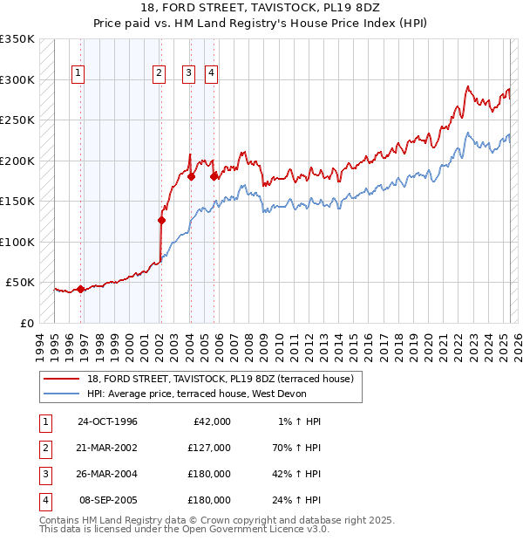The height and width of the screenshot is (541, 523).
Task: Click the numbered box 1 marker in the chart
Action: tap(78, 74)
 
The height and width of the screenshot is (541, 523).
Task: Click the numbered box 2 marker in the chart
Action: tap(159, 74)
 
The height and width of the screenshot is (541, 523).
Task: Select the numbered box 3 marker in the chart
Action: tap(187, 74)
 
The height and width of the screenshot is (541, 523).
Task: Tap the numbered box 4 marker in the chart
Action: tap(211, 74)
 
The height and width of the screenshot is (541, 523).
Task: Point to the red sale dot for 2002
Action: tap(161, 221)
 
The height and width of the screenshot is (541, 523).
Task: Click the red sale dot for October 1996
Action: tap(81, 289)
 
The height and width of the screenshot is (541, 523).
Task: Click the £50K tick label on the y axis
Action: tap(19, 283)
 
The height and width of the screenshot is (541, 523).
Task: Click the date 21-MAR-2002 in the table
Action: tap(107, 448)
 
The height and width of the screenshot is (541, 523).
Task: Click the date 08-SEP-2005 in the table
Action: tap(107, 500)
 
